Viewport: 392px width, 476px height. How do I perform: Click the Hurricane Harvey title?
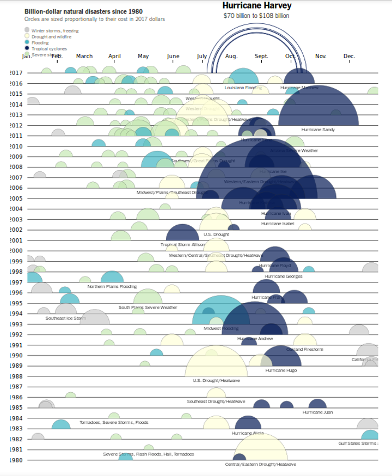click(256, 6)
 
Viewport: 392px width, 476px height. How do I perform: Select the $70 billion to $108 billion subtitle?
click(256, 16)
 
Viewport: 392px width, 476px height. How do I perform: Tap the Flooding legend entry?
click(40, 42)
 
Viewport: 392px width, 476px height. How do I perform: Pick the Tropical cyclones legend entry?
click(49, 48)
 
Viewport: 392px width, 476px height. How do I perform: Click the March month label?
click(84, 56)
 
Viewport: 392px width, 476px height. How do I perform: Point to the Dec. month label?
click(350, 56)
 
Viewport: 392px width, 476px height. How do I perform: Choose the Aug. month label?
click(231, 56)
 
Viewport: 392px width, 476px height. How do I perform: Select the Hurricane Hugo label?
click(281, 370)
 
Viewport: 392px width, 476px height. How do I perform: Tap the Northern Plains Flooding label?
click(112, 286)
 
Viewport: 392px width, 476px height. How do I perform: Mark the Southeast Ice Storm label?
click(65, 318)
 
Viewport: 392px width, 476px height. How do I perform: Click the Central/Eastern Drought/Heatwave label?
click(261, 465)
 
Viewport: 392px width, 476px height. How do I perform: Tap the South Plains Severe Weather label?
click(148, 307)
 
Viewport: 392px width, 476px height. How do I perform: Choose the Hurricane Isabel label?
click(278, 224)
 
